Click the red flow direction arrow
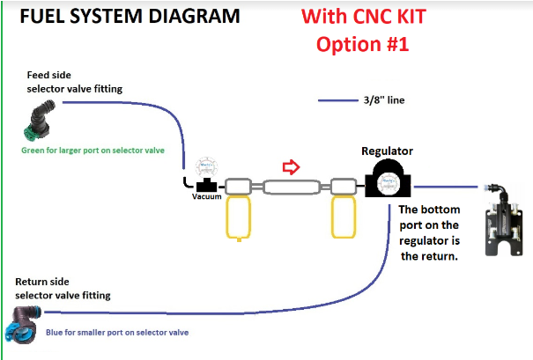[291, 166]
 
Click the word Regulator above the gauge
[388, 151]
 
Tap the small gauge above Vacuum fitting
[208, 165]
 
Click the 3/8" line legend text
[384, 101]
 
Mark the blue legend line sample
[337, 101]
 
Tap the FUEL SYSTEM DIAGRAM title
[118, 16]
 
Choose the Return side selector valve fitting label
[63, 288]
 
